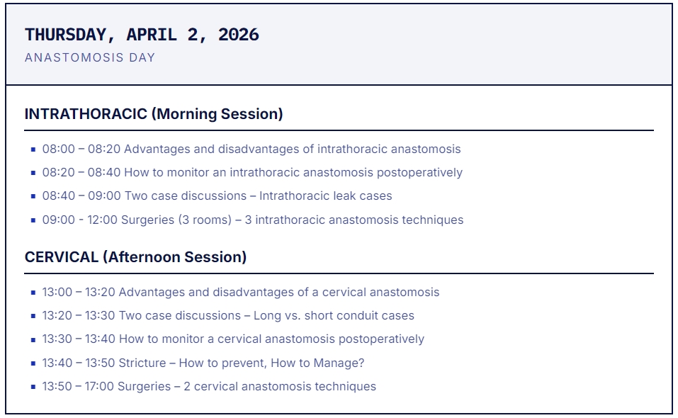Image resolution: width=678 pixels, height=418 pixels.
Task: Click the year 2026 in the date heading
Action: pyautogui.click(x=239, y=35)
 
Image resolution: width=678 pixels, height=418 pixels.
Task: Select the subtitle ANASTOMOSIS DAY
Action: pyautogui.click(x=90, y=57)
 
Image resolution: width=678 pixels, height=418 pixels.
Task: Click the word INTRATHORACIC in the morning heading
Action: pyautogui.click(x=86, y=113)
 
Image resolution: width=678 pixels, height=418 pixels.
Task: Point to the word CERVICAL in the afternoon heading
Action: pyautogui.click(x=62, y=256)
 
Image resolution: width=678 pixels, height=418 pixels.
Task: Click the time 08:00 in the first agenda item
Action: pyautogui.click(x=58, y=149)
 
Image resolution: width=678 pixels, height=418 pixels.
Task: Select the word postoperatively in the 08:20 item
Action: pyautogui.click(x=419, y=172)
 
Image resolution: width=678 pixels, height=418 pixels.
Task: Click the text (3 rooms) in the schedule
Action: pyautogui.click(x=205, y=220)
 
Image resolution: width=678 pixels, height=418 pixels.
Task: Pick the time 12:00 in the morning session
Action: pyautogui.click(x=102, y=220)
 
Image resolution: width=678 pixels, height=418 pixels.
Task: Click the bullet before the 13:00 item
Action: pyautogui.click(x=33, y=293)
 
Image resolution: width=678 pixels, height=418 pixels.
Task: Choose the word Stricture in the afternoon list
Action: pyautogui.click(x=142, y=363)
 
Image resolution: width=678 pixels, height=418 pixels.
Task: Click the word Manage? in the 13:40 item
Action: pyautogui.click(x=339, y=363)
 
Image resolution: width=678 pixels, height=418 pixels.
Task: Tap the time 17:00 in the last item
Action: pyautogui.click(x=99, y=386)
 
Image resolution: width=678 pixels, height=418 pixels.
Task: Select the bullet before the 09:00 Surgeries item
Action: pyautogui.click(x=33, y=220)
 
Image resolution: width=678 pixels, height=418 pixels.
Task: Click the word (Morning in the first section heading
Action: pyautogui.click(x=183, y=113)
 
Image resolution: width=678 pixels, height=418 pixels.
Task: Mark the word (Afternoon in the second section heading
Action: pyautogui.click(x=142, y=256)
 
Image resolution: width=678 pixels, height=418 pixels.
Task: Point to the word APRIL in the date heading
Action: pyautogui.click(x=152, y=35)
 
